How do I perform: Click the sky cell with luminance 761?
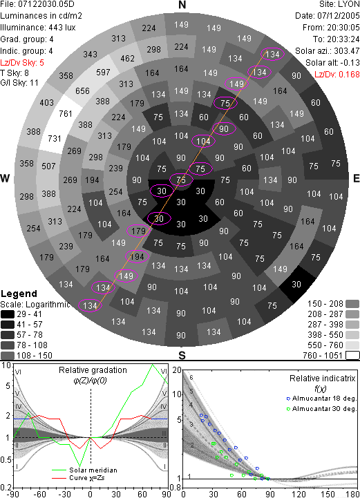[x=66, y=113]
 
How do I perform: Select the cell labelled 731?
[x=55, y=138]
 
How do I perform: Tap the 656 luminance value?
[x=82, y=91]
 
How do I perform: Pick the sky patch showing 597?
[x=103, y=72]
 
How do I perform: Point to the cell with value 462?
[x=127, y=59]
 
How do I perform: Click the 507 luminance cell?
[x=48, y=166]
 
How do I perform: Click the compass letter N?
[x=182, y=5]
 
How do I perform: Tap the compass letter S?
[x=182, y=355]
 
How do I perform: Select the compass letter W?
[x=5, y=178]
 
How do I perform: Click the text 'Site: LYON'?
[x=339, y=4]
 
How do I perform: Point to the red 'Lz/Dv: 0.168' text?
[x=337, y=75]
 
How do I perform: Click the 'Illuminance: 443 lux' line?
[x=38, y=28]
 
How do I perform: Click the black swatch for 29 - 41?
[x=8, y=314]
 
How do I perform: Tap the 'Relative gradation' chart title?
[x=93, y=370]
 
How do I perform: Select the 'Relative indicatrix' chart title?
[x=322, y=379]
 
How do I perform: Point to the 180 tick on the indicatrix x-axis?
[x=352, y=494]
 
